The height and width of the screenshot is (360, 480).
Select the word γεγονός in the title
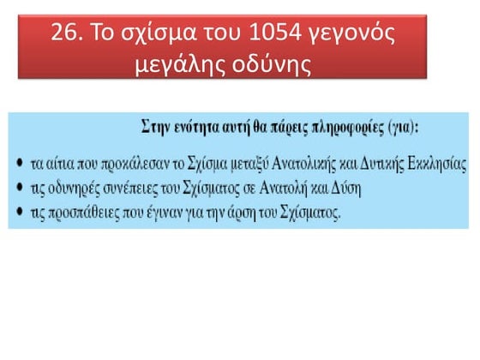tap(361, 36)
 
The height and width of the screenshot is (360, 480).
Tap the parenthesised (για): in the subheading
tap(410, 128)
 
